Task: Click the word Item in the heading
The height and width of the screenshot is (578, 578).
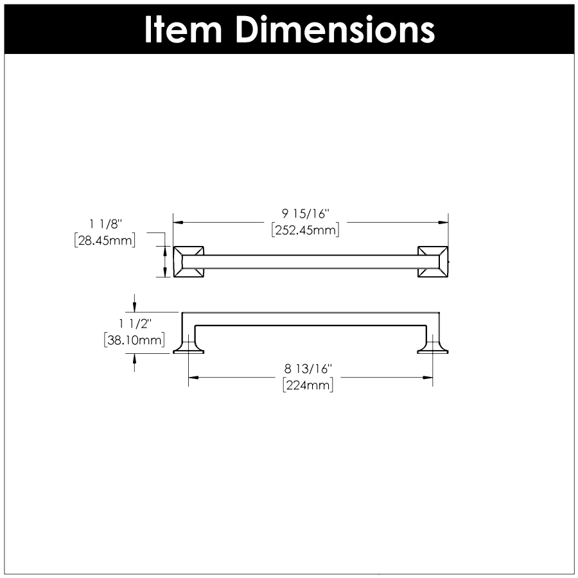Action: (183, 30)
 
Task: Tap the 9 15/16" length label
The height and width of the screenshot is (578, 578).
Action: (305, 213)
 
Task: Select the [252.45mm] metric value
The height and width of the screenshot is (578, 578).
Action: (305, 230)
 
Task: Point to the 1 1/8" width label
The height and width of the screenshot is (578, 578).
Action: (105, 223)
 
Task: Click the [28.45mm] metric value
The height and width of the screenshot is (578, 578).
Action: (105, 240)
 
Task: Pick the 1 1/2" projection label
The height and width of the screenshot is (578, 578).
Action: (136, 324)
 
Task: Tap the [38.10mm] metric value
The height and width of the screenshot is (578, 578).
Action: (135, 340)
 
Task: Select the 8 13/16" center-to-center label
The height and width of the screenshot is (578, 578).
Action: (308, 369)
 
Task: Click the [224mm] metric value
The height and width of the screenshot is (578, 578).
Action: (308, 385)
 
